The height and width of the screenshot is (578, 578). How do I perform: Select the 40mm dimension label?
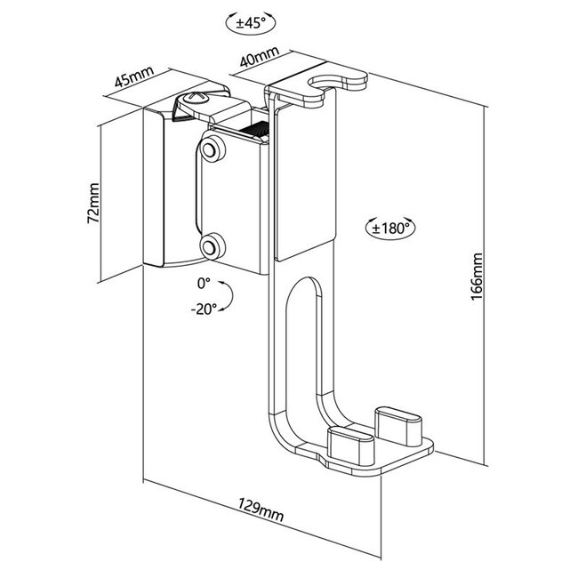pyautogui.click(x=259, y=56)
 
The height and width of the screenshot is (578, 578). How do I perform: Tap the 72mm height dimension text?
pyautogui.click(x=92, y=203)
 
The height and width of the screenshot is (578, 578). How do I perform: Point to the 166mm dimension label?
pyautogui.click(x=477, y=277)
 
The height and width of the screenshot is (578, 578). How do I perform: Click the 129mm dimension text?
pyautogui.click(x=261, y=510)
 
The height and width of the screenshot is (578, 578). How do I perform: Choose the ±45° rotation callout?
pyautogui.click(x=251, y=23)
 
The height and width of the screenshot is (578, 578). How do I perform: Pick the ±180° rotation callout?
pyautogui.click(x=390, y=228)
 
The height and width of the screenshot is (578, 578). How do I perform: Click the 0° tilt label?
pyautogui.click(x=204, y=284)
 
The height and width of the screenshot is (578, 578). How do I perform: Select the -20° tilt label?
pyautogui.click(x=204, y=309)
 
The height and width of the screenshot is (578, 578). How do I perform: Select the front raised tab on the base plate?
pyautogui.click(x=350, y=446)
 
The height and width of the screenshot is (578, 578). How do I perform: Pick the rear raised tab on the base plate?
pyautogui.click(x=398, y=426)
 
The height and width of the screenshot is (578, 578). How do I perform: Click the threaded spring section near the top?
pyautogui.click(x=254, y=130)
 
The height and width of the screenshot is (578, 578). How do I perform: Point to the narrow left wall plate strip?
pyautogui.click(x=153, y=187)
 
